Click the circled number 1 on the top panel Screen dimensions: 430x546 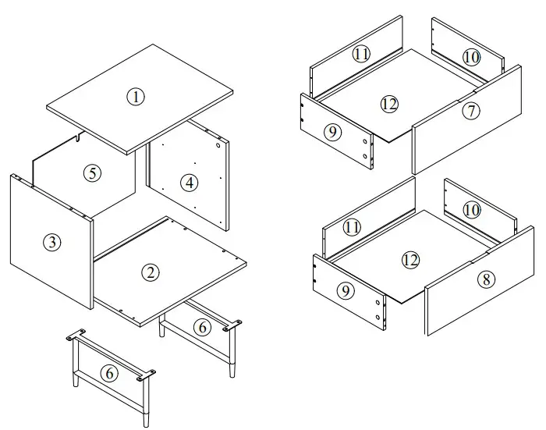click(x=136, y=97)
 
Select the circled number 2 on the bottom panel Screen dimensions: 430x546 click(x=151, y=272)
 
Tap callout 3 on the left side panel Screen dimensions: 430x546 click(x=51, y=242)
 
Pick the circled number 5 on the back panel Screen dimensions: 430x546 click(x=93, y=173)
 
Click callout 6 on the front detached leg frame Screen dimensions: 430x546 click(x=110, y=374)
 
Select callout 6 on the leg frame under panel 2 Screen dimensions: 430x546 click(x=202, y=328)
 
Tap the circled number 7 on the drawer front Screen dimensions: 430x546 click(x=470, y=111)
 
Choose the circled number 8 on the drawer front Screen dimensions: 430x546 click(x=485, y=279)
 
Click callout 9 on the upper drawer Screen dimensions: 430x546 click(x=333, y=132)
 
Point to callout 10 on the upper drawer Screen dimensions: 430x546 click(x=470, y=57)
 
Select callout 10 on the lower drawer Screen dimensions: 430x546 click(x=470, y=210)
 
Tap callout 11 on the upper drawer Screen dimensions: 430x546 click(x=360, y=54)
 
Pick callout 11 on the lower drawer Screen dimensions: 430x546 click(x=352, y=227)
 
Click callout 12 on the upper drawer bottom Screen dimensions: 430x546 click(x=389, y=103)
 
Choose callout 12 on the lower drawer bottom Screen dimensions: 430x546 click(x=410, y=260)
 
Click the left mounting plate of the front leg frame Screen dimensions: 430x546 click(x=75, y=336)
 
